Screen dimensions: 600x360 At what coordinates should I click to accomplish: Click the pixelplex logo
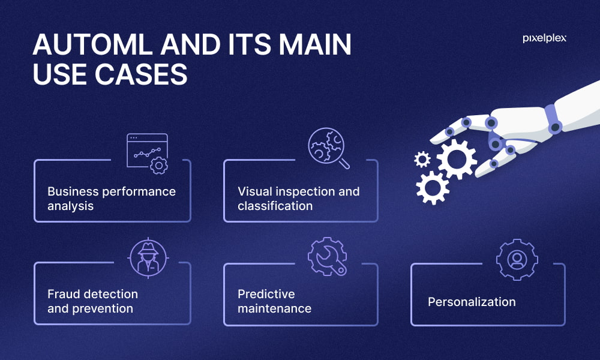pyautogui.click(x=544, y=38)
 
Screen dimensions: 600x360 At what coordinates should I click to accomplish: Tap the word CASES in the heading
pyautogui.click(x=141, y=74)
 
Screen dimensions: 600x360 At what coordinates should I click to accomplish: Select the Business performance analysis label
pyautogui.click(x=112, y=199)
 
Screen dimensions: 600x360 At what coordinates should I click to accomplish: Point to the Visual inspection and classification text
pyautogui.click(x=298, y=199)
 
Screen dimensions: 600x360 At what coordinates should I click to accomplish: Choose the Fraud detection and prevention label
pyautogui.click(x=92, y=301)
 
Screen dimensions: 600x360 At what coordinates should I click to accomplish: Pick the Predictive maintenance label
pyautogui.click(x=274, y=301)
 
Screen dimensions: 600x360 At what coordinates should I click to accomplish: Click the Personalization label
pyautogui.click(x=472, y=302)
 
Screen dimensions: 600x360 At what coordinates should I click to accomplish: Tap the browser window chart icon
pyautogui.click(x=148, y=154)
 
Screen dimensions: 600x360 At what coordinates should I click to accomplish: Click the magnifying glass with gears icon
pyautogui.click(x=329, y=148)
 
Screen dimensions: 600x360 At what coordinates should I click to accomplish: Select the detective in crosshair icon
pyautogui.click(x=148, y=257)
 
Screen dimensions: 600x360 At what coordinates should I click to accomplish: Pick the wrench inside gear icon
pyautogui.click(x=327, y=256)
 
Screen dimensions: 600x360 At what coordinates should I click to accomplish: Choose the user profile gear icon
pyautogui.click(x=517, y=260)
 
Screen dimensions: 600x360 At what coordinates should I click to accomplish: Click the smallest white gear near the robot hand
pyautogui.click(x=422, y=159)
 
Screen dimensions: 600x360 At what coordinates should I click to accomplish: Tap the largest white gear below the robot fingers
pyautogui.click(x=457, y=159)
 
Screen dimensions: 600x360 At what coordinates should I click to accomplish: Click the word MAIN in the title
pyautogui.click(x=315, y=44)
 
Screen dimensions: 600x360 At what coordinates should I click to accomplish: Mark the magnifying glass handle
pyautogui.click(x=344, y=163)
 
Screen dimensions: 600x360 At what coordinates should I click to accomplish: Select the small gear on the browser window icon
pyautogui.click(x=159, y=165)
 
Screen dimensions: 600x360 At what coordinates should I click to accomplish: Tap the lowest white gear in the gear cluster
pyautogui.click(x=433, y=187)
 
